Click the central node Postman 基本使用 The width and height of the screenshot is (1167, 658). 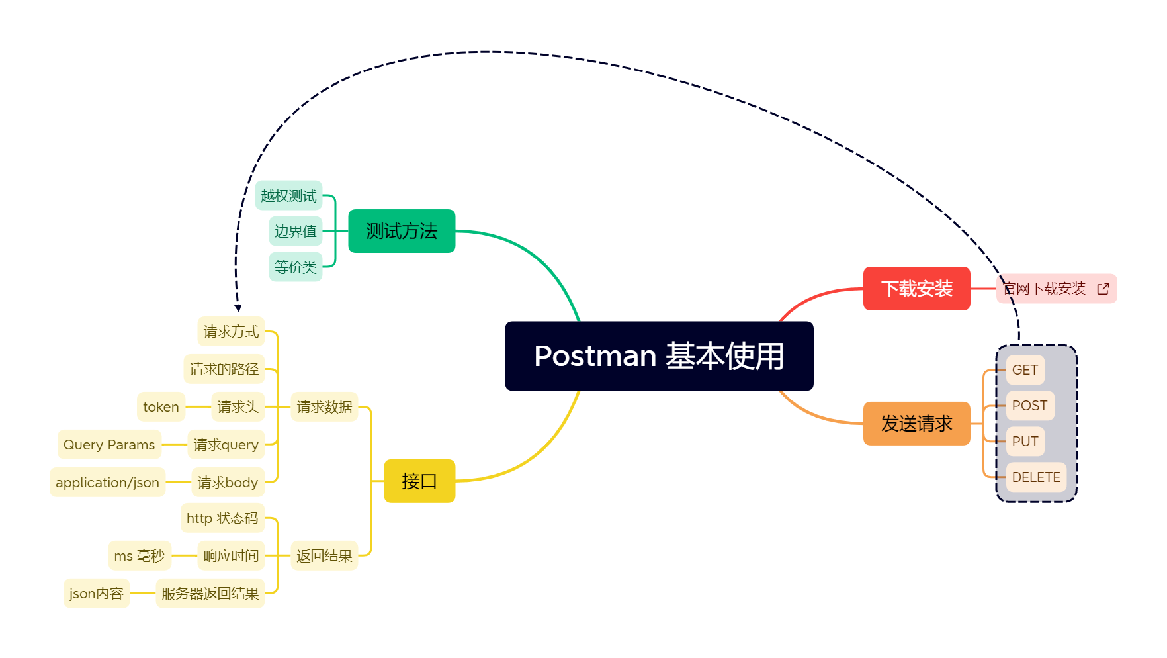click(659, 356)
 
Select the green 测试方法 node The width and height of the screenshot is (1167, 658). click(402, 231)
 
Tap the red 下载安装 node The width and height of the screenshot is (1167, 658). click(916, 289)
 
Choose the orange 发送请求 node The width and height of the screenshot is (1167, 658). click(916, 424)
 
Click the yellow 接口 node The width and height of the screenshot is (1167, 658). click(419, 481)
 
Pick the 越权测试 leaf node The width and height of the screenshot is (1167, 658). click(288, 195)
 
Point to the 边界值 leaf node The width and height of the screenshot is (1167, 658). click(295, 231)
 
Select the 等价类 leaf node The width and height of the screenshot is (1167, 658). click(295, 267)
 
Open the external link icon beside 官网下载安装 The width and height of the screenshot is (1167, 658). click(1103, 289)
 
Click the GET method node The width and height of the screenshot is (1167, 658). click(1025, 370)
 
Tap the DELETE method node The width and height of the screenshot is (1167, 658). click(1035, 477)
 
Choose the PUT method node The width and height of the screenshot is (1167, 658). click(1025, 442)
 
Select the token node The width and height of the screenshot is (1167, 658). click(161, 407)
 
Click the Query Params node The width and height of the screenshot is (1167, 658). click(109, 445)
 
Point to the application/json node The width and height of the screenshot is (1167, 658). click(107, 483)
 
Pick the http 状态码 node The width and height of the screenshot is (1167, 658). click(222, 518)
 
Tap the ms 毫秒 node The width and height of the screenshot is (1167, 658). click(139, 556)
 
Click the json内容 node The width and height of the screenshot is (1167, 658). click(97, 594)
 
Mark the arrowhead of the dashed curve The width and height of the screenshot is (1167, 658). click(238, 308)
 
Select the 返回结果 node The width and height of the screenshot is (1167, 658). click(324, 556)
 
